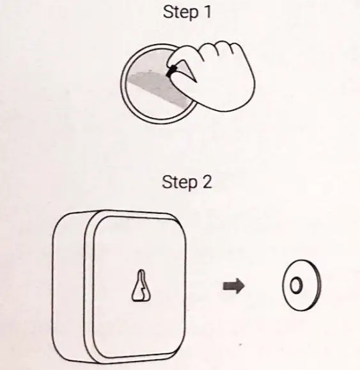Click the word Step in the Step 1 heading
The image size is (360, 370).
click(x=180, y=12)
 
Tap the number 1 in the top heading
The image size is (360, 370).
click(x=208, y=12)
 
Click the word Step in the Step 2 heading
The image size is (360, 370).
click(x=180, y=182)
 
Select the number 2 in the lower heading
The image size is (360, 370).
click(x=207, y=182)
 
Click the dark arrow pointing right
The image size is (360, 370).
click(x=233, y=286)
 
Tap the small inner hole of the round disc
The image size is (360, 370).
click(x=295, y=285)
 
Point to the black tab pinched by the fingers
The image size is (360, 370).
click(x=171, y=71)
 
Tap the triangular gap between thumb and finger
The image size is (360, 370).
click(x=186, y=71)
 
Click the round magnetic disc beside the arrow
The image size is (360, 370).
click(x=302, y=286)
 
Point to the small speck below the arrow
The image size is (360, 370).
click(x=240, y=345)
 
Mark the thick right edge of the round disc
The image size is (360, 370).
click(x=318, y=286)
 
